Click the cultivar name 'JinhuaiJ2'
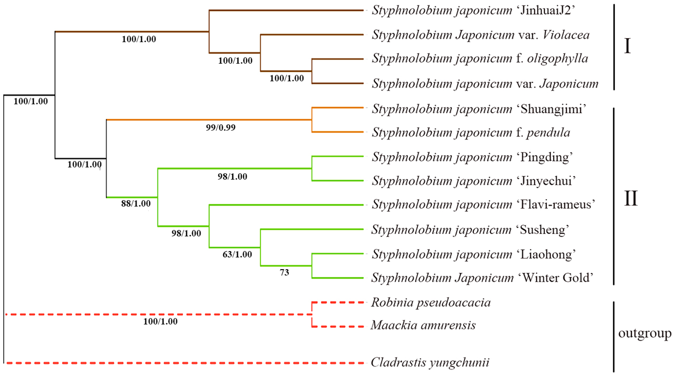(x=546, y=11)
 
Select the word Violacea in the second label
(x=566, y=35)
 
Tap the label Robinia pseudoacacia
(x=431, y=303)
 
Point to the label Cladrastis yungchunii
(x=430, y=363)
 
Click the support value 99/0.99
(x=220, y=128)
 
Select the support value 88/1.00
(x=136, y=204)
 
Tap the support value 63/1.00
(x=237, y=254)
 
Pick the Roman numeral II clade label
(x=631, y=199)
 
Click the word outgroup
(x=645, y=333)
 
